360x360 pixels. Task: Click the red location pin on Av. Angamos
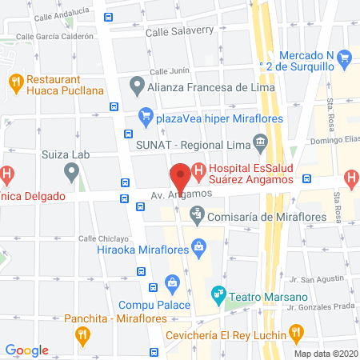coord(181,175)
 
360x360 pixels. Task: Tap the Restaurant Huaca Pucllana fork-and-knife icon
coord(14,81)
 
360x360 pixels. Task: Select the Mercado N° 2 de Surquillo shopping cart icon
coord(345,57)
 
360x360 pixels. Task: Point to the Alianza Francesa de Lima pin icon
coord(137,84)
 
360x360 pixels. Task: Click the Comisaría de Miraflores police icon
coord(196,214)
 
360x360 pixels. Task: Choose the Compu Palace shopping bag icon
coord(171,282)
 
